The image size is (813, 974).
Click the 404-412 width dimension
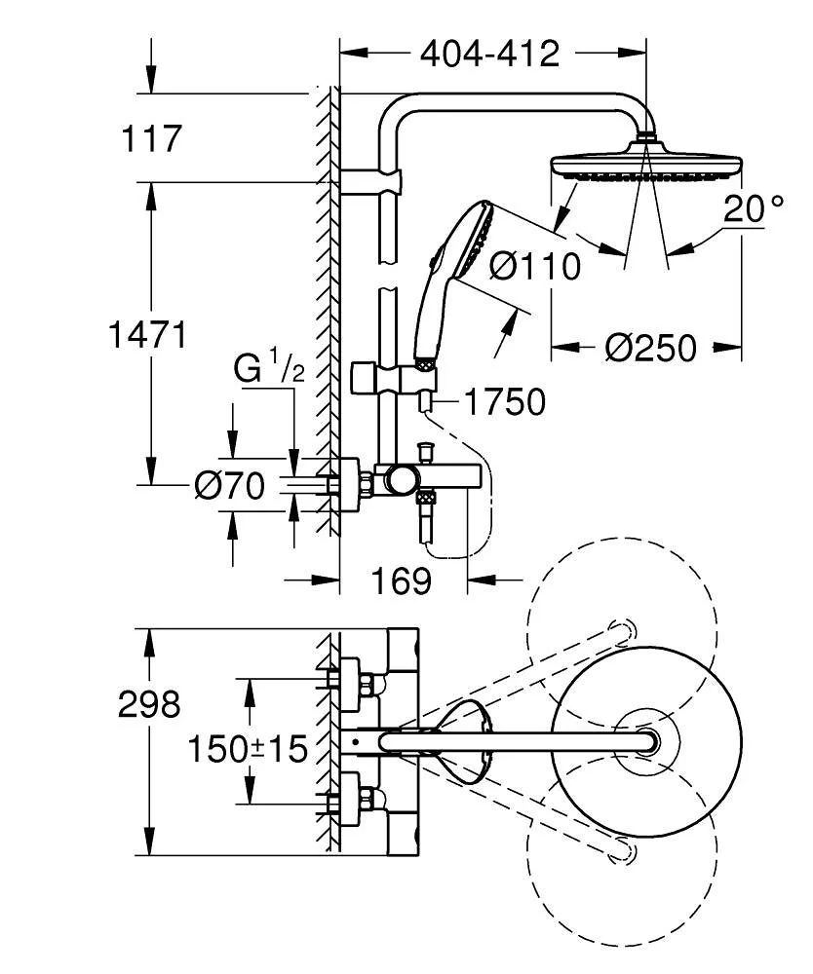489,54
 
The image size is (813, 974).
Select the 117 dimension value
151,138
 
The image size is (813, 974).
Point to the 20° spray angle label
754,208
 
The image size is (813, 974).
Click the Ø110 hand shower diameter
534,265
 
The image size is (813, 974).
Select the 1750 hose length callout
503,400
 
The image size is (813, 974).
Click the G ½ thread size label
269,369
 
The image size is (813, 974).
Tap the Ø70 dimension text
229,485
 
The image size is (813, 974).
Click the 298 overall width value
149,704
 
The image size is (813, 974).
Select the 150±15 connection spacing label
247,749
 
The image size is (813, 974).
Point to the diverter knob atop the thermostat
424,452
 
